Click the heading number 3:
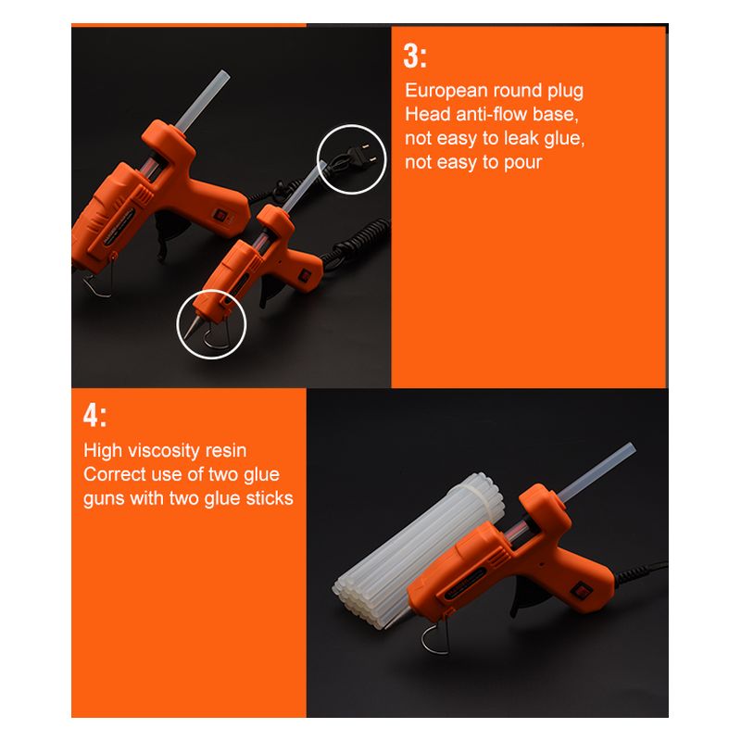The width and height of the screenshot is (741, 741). [415, 57]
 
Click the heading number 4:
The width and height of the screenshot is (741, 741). [94, 415]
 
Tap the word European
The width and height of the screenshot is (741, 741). [446, 90]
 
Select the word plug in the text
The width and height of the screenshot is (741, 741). [565, 92]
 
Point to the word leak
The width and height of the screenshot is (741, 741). [521, 138]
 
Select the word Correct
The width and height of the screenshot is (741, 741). [114, 474]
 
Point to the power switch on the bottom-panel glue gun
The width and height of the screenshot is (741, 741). [581, 590]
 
